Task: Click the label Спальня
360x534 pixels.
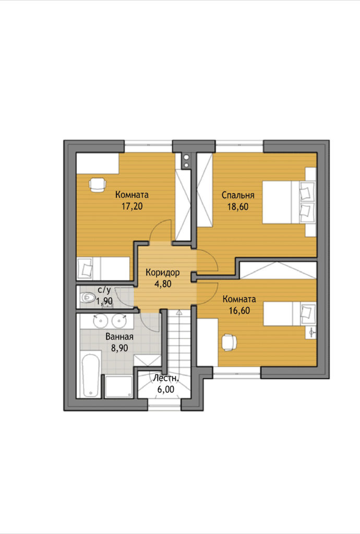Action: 238,196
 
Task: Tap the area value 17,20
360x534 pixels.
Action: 132,206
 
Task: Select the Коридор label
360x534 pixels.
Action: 162,273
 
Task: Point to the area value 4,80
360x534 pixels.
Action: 163,284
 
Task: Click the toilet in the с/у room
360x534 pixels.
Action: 87,298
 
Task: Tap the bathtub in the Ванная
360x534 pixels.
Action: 91,376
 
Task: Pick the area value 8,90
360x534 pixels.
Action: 119,348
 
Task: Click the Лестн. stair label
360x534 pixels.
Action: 165,378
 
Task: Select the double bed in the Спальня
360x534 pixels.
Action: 289,202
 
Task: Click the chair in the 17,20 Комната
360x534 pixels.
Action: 98,185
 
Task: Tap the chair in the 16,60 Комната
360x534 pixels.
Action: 229,342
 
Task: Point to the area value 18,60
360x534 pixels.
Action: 238,207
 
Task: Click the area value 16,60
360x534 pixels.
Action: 239,311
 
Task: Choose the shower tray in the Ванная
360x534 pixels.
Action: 118,386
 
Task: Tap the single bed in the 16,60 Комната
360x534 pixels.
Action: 290,313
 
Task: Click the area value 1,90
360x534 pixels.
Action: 104,301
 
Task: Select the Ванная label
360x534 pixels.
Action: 119,337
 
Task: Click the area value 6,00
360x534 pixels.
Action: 165,389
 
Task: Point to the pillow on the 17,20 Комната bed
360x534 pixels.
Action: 85,269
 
